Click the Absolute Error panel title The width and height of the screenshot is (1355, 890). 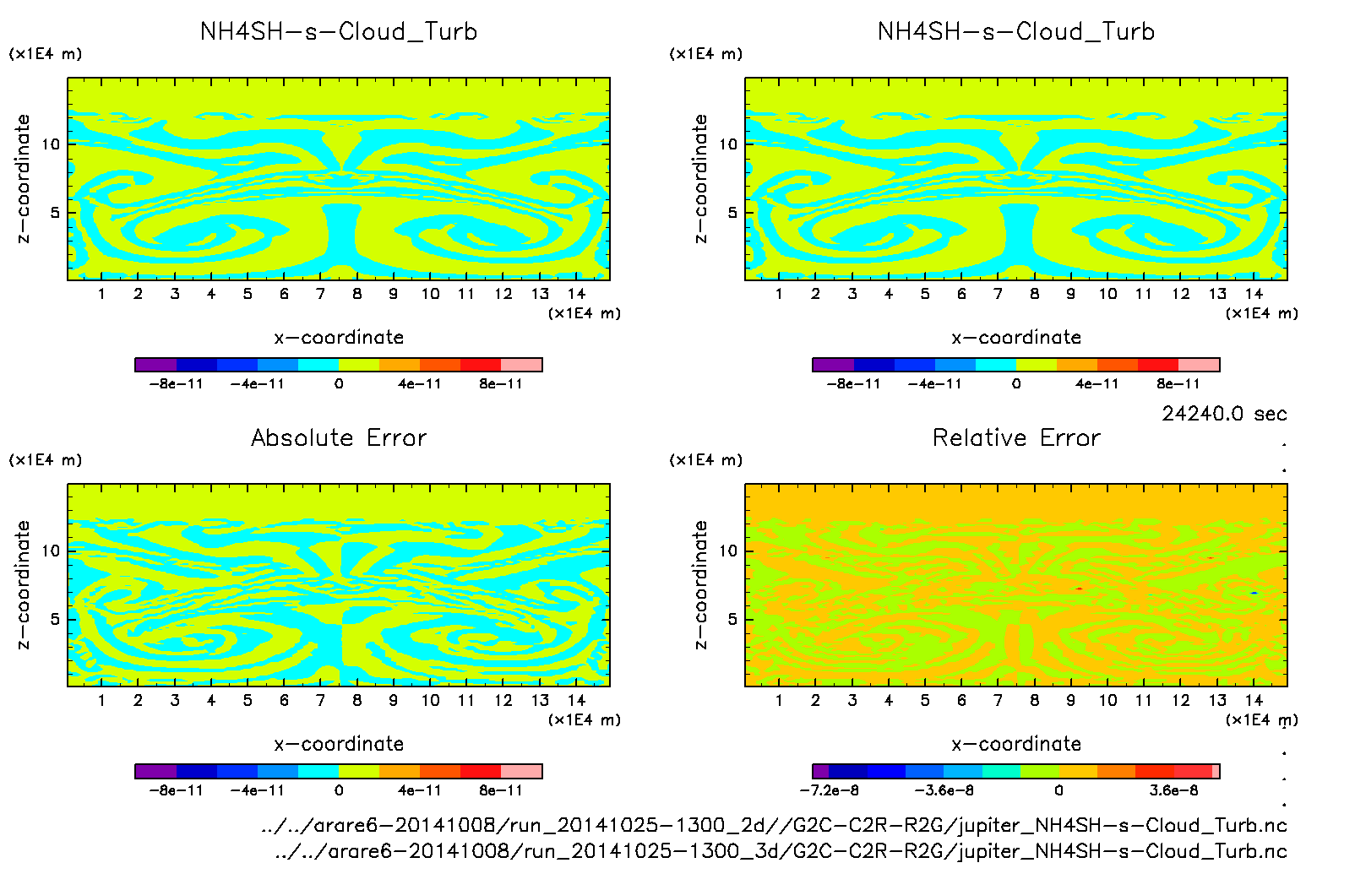click(x=339, y=437)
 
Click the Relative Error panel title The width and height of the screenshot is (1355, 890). click(x=1016, y=437)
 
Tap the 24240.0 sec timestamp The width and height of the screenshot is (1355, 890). click(x=1224, y=414)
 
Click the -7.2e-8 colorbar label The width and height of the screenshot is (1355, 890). click(x=829, y=790)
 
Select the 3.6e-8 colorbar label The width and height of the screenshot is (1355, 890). click(x=1173, y=790)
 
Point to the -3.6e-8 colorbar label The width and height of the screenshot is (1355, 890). click(x=944, y=790)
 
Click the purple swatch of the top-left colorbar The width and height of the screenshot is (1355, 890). click(x=155, y=365)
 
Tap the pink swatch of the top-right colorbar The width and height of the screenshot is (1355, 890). click(x=1199, y=365)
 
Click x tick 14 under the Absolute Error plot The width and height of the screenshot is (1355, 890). click(x=576, y=700)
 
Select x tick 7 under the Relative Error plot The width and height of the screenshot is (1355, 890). click(x=998, y=700)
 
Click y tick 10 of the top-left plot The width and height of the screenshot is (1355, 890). click(x=52, y=144)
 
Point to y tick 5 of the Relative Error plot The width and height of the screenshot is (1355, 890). click(x=732, y=619)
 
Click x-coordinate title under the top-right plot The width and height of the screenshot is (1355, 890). click(x=1016, y=338)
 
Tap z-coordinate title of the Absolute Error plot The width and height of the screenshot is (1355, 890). click(x=23, y=584)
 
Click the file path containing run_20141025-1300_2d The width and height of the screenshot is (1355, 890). click(x=774, y=825)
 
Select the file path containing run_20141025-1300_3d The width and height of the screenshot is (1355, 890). click(x=781, y=851)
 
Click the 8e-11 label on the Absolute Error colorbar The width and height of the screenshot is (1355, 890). click(x=501, y=790)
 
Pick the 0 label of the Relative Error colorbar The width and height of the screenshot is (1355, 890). click(x=1058, y=790)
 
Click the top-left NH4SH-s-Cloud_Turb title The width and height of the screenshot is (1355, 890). click(x=339, y=31)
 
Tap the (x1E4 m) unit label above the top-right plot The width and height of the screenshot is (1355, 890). click(x=706, y=54)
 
